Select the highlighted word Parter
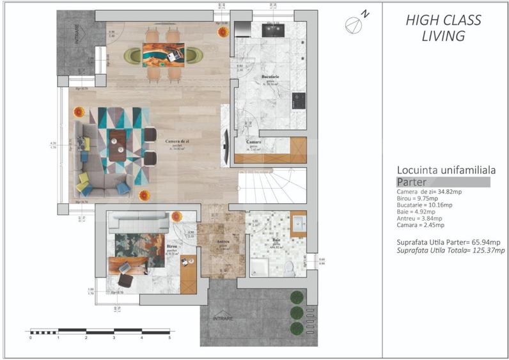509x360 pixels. pyautogui.click(x=412, y=182)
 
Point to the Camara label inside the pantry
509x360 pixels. pyautogui.click(x=254, y=143)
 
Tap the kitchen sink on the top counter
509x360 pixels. pyautogui.click(x=275, y=27)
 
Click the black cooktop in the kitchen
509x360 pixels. pyautogui.click(x=298, y=100)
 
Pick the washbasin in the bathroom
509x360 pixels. pyautogui.click(x=299, y=223)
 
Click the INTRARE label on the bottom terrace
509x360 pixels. pyautogui.click(x=224, y=318)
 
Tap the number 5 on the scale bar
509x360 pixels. pyautogui.click(x=169, y=337)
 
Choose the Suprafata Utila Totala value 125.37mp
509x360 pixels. pyautogui.click(x=489, y=249)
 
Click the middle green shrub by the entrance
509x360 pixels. pyautogui.click(x=296, y=313)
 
